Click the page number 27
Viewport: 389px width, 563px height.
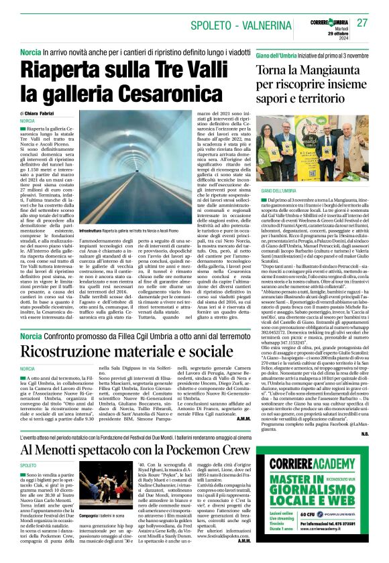tap(363, 23)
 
